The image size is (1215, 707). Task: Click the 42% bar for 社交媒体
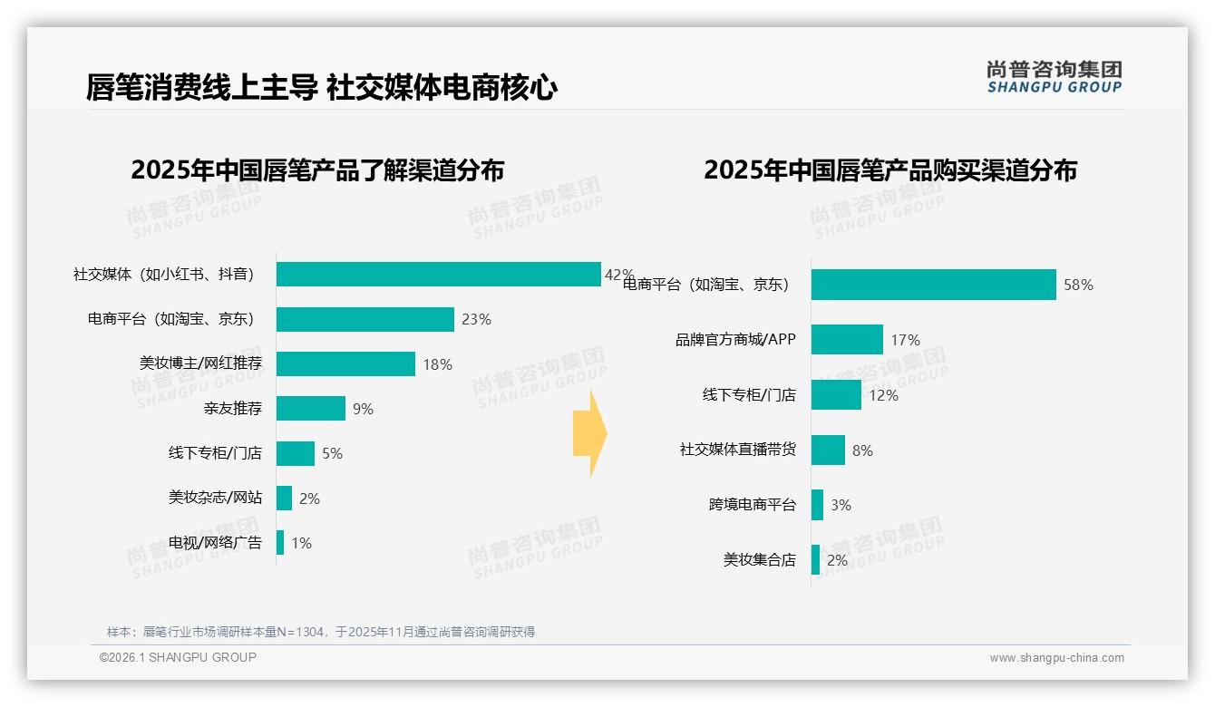438,275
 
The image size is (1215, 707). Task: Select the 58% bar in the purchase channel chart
933,285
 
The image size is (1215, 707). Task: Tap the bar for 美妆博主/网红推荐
345,364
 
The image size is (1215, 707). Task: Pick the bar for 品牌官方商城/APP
847,340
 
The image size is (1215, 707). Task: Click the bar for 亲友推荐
311,409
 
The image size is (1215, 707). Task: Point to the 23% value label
476,320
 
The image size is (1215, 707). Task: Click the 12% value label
883,396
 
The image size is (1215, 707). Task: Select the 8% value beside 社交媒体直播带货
862,450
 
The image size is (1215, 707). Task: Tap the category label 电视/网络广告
215,543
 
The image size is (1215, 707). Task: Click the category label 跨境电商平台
752,505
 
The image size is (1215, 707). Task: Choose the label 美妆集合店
759,560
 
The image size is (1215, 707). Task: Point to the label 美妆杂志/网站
215,498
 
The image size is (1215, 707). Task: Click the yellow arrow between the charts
589,433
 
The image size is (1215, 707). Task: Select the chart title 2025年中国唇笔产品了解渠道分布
317,170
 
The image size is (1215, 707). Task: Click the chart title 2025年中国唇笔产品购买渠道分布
889,170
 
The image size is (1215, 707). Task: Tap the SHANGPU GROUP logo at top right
1054,77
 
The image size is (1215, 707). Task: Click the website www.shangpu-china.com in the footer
1056,658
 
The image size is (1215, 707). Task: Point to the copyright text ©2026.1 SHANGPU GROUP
178,657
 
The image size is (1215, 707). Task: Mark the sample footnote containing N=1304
321,632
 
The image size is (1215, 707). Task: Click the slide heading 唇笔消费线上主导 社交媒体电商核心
321,88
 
